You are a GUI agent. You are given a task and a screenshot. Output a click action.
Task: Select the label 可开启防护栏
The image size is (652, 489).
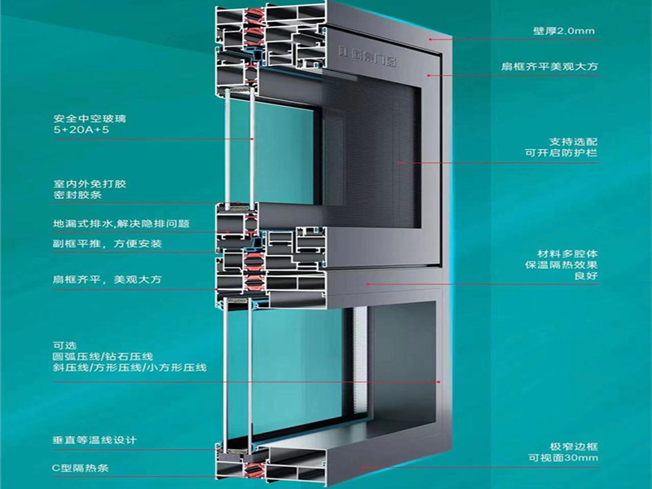tap(561, 153)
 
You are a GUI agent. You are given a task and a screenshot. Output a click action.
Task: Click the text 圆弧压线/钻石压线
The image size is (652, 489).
tap(102, 357)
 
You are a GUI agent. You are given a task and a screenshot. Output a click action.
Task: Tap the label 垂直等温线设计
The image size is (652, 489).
tap(95, 441)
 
